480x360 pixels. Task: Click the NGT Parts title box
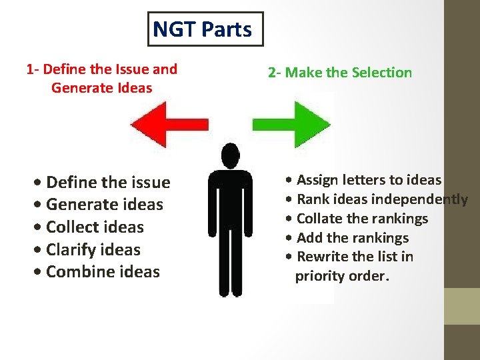coord(205,29)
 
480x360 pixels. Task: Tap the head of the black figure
coord(230,157)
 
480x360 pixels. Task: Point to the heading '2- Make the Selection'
coord(340,73)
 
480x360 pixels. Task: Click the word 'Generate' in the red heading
coord(78,88)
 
